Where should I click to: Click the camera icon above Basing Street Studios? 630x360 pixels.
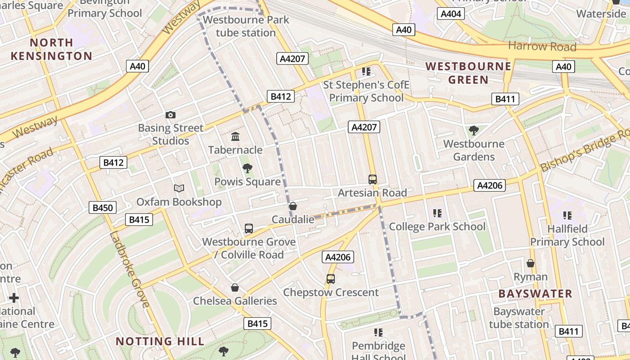170,115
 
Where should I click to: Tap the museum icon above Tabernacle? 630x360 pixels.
235,136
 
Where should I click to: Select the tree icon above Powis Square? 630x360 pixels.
247,168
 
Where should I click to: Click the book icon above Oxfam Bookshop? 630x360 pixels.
179,189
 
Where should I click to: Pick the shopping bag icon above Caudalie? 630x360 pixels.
293,206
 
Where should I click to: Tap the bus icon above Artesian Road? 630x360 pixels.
373,180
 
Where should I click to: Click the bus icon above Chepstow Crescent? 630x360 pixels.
331,279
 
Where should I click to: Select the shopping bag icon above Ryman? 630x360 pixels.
531,263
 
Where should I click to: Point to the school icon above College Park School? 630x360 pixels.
437,213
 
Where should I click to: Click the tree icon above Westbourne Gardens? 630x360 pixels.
473,130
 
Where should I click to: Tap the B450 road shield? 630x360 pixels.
103,207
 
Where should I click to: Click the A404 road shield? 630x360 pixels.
451,14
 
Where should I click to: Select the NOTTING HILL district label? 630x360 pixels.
160,341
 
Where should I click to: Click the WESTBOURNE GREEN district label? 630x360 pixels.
468,73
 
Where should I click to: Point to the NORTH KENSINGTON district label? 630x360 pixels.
51,49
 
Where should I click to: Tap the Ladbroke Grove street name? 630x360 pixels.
130,269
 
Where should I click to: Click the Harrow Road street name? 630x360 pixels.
542,46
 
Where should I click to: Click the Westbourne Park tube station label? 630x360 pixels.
246,26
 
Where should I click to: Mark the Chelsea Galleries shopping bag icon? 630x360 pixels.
234,288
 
